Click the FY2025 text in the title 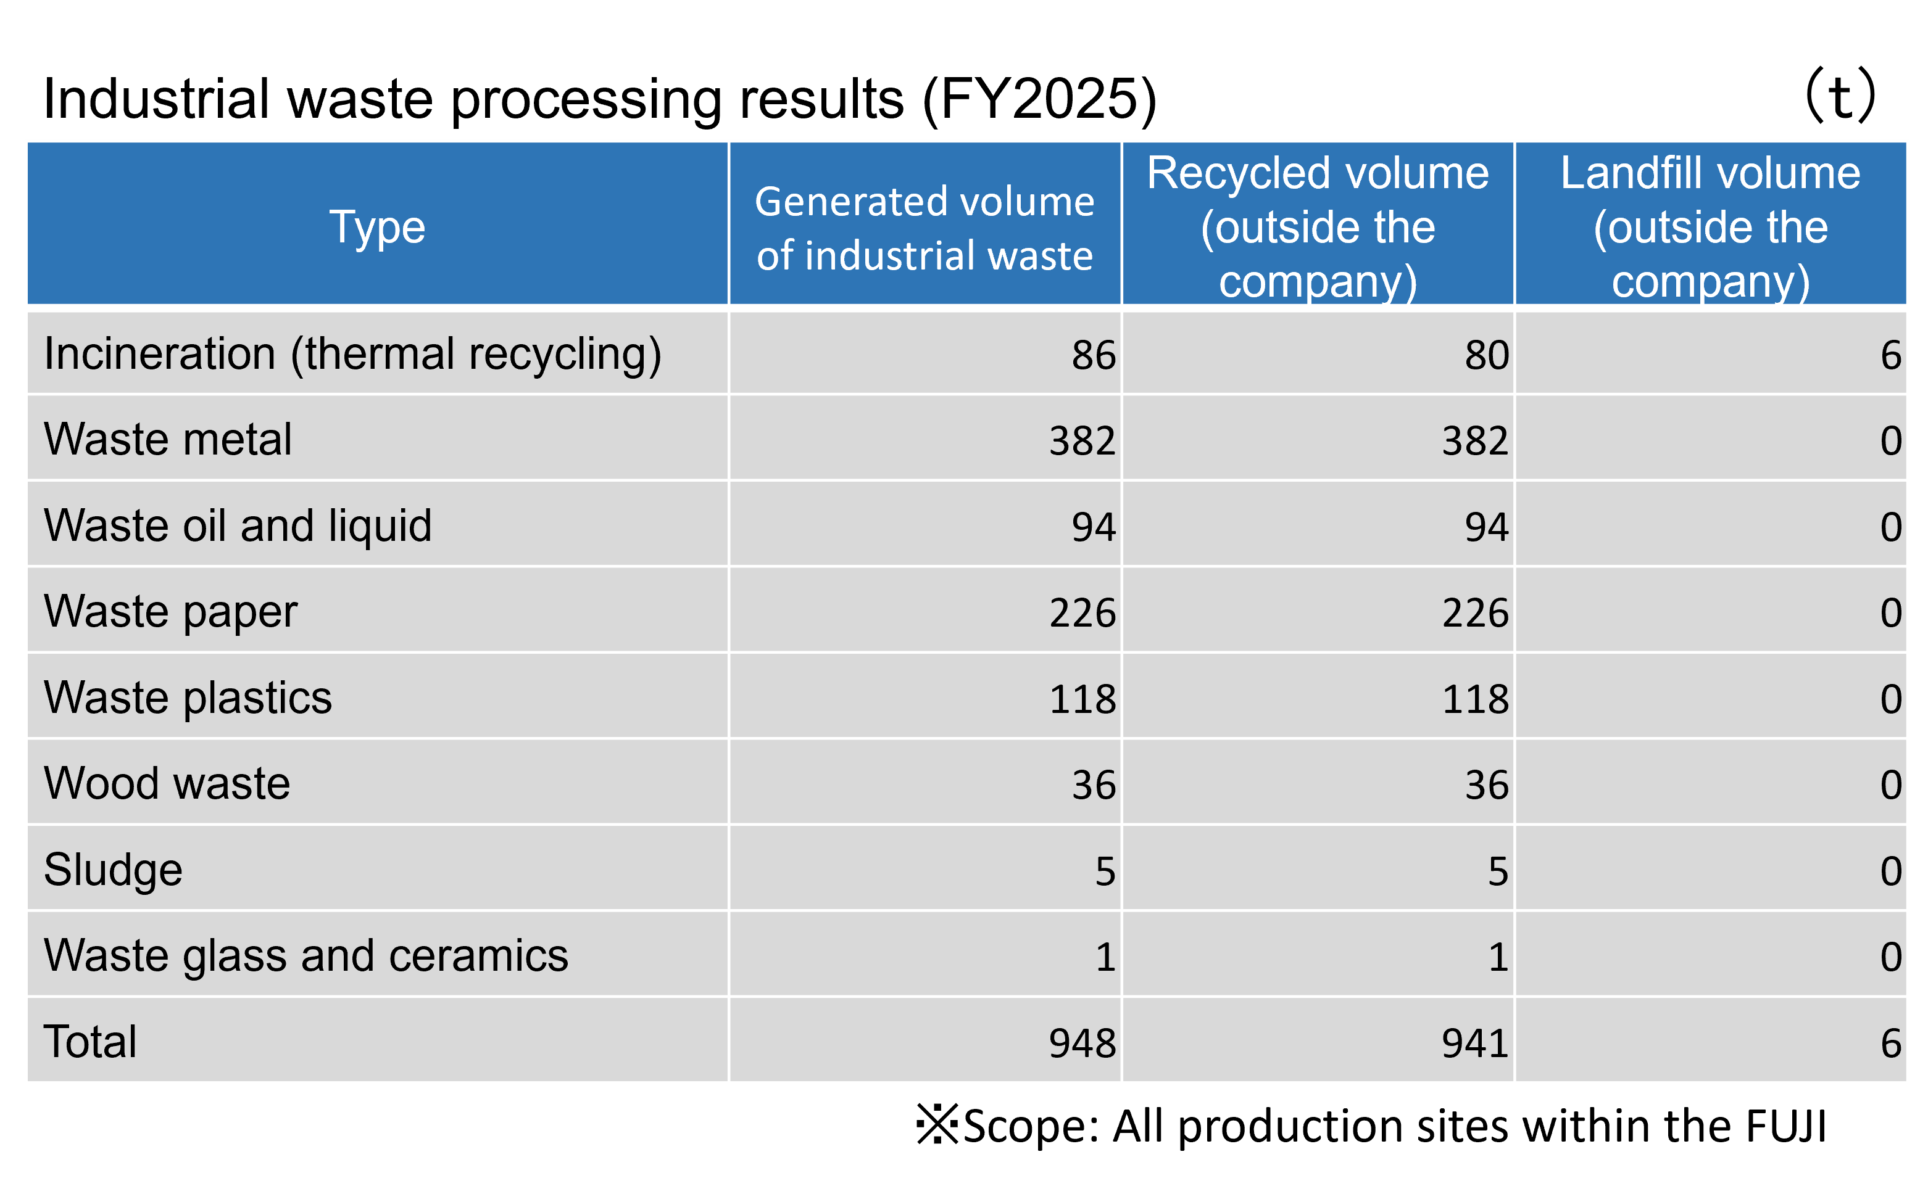pyautogui.click(x=1039, y=100)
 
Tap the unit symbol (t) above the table pyautogui.click(x=1840, y=96)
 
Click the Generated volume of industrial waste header pyautogui.click(x=925, y=228)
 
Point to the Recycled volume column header pyautogui.click(x=1318, y=227)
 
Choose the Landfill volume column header pyautogui.click(x=1710, y=227)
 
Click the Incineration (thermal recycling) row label pyautogui.click(x=352, y=355)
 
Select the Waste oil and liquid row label pyautogui.click(x=238, y=525)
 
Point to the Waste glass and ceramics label pyautogui.click(x=305, y=956)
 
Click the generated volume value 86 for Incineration pyautogui.click(x=1093, y=355)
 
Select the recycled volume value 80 pyautogui.click(x=1486, y=355)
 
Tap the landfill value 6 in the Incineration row pyautogui.click(x=1890, y=355)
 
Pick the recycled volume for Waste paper pyautogui.click(x=1475, y=612)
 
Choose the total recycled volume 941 pyautogui.click(x=1475, y=1044)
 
